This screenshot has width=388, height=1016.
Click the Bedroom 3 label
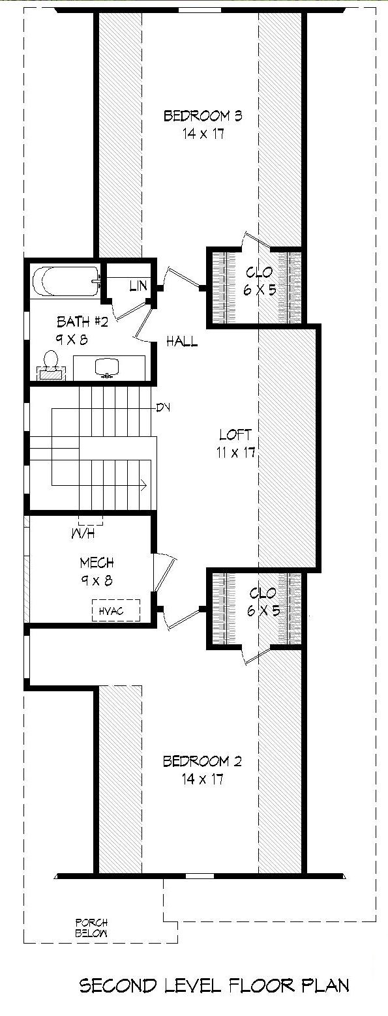point(194,117)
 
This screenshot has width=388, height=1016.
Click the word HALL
point(182,341)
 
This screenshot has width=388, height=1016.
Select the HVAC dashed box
point(116,610)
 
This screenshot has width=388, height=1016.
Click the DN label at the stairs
point(164,408)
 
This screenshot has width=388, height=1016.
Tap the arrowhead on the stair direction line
point(142,485)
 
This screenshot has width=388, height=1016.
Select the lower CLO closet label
point(263,593)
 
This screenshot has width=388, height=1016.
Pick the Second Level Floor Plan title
point(214,985)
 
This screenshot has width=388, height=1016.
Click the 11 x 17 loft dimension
point(235,451)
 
